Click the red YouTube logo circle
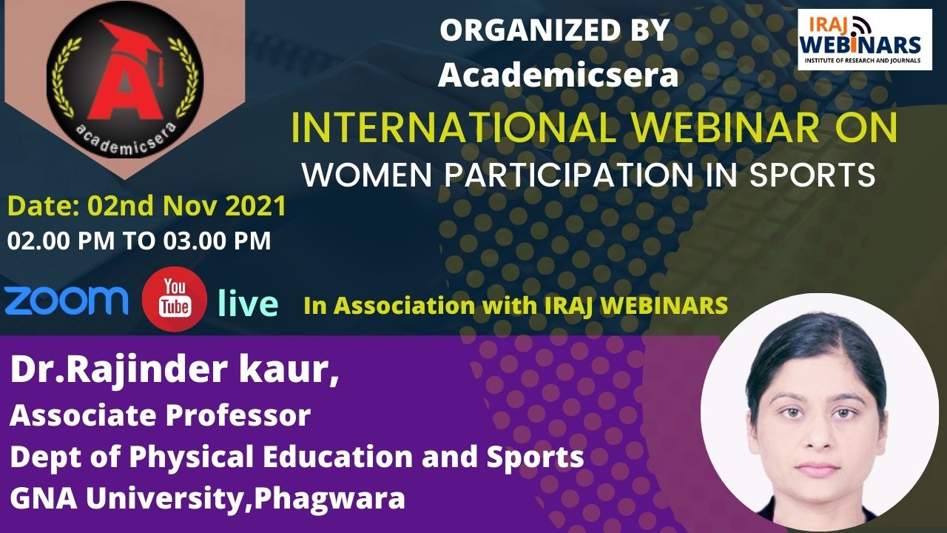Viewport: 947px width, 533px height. (x=175, y=299)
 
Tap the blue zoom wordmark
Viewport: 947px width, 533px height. (x=67, y=300)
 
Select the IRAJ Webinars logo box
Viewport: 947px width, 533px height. (x=865, y=40)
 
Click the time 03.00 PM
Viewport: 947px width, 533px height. (x=218, y=241)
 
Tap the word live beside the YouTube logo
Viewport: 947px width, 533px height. (x=248, y=304)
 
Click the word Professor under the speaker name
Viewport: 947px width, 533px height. (x=238, y=415)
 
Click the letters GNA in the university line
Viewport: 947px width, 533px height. (x=44, y=498)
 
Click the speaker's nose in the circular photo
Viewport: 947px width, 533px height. (x=818, y=438)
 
